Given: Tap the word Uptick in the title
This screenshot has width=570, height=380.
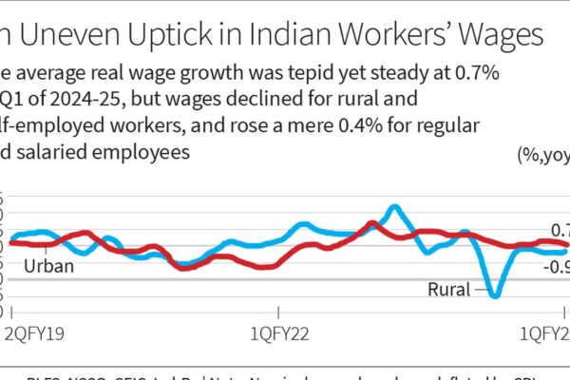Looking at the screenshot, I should [170, 37].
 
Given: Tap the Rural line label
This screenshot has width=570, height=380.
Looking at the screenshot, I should [448, 289].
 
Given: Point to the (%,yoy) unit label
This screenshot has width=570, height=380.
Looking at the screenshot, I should [542, 156].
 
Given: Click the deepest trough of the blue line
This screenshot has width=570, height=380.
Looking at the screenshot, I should [494, 294].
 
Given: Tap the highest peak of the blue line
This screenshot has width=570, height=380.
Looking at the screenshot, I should [393, 206].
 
